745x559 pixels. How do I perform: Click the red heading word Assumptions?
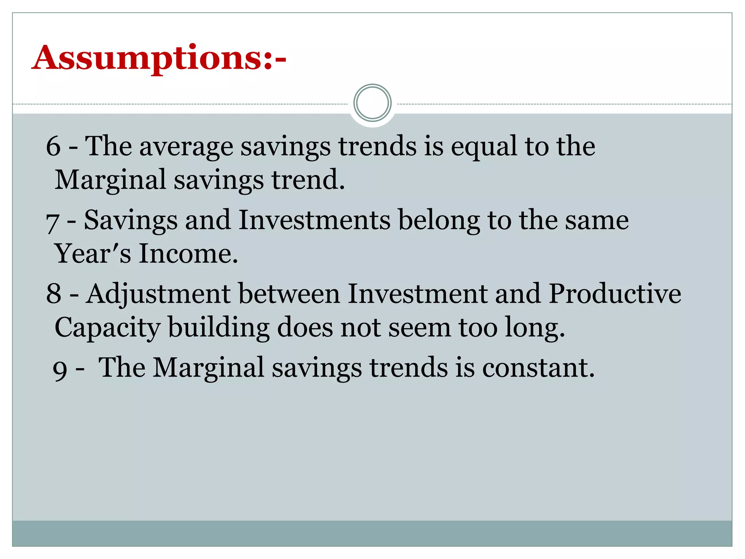[147, 58]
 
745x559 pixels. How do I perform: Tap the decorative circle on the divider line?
[372, 103]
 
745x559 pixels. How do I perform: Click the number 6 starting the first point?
[53, 146]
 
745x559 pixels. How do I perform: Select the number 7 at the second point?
[52, 222]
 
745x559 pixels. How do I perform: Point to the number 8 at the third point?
[53, 294]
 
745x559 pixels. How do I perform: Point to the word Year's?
[92, 254]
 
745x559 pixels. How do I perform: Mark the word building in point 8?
[219, 328]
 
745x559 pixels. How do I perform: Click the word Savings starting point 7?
[131, 221]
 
